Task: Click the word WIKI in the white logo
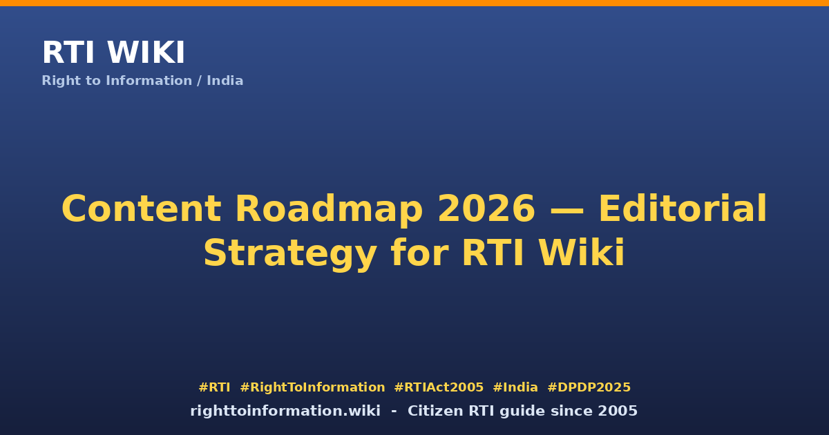click(146, 52)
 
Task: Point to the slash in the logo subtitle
click(199, 81)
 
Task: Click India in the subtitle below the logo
click(225, 81)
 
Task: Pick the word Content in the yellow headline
click(142, 209)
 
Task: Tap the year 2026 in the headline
click(486, 209)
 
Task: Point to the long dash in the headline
click(567, 211)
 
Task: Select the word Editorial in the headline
click(683, 208)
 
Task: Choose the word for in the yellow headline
click(419, 252)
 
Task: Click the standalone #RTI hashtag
click(214, 387)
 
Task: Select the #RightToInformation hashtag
click(312, 387)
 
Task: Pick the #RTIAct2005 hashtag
click(439, 387)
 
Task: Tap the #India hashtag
click(515, 387)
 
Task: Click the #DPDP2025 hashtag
click(589, 387)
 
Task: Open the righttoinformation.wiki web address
click(285, 412)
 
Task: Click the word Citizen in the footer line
click(436, 411)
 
